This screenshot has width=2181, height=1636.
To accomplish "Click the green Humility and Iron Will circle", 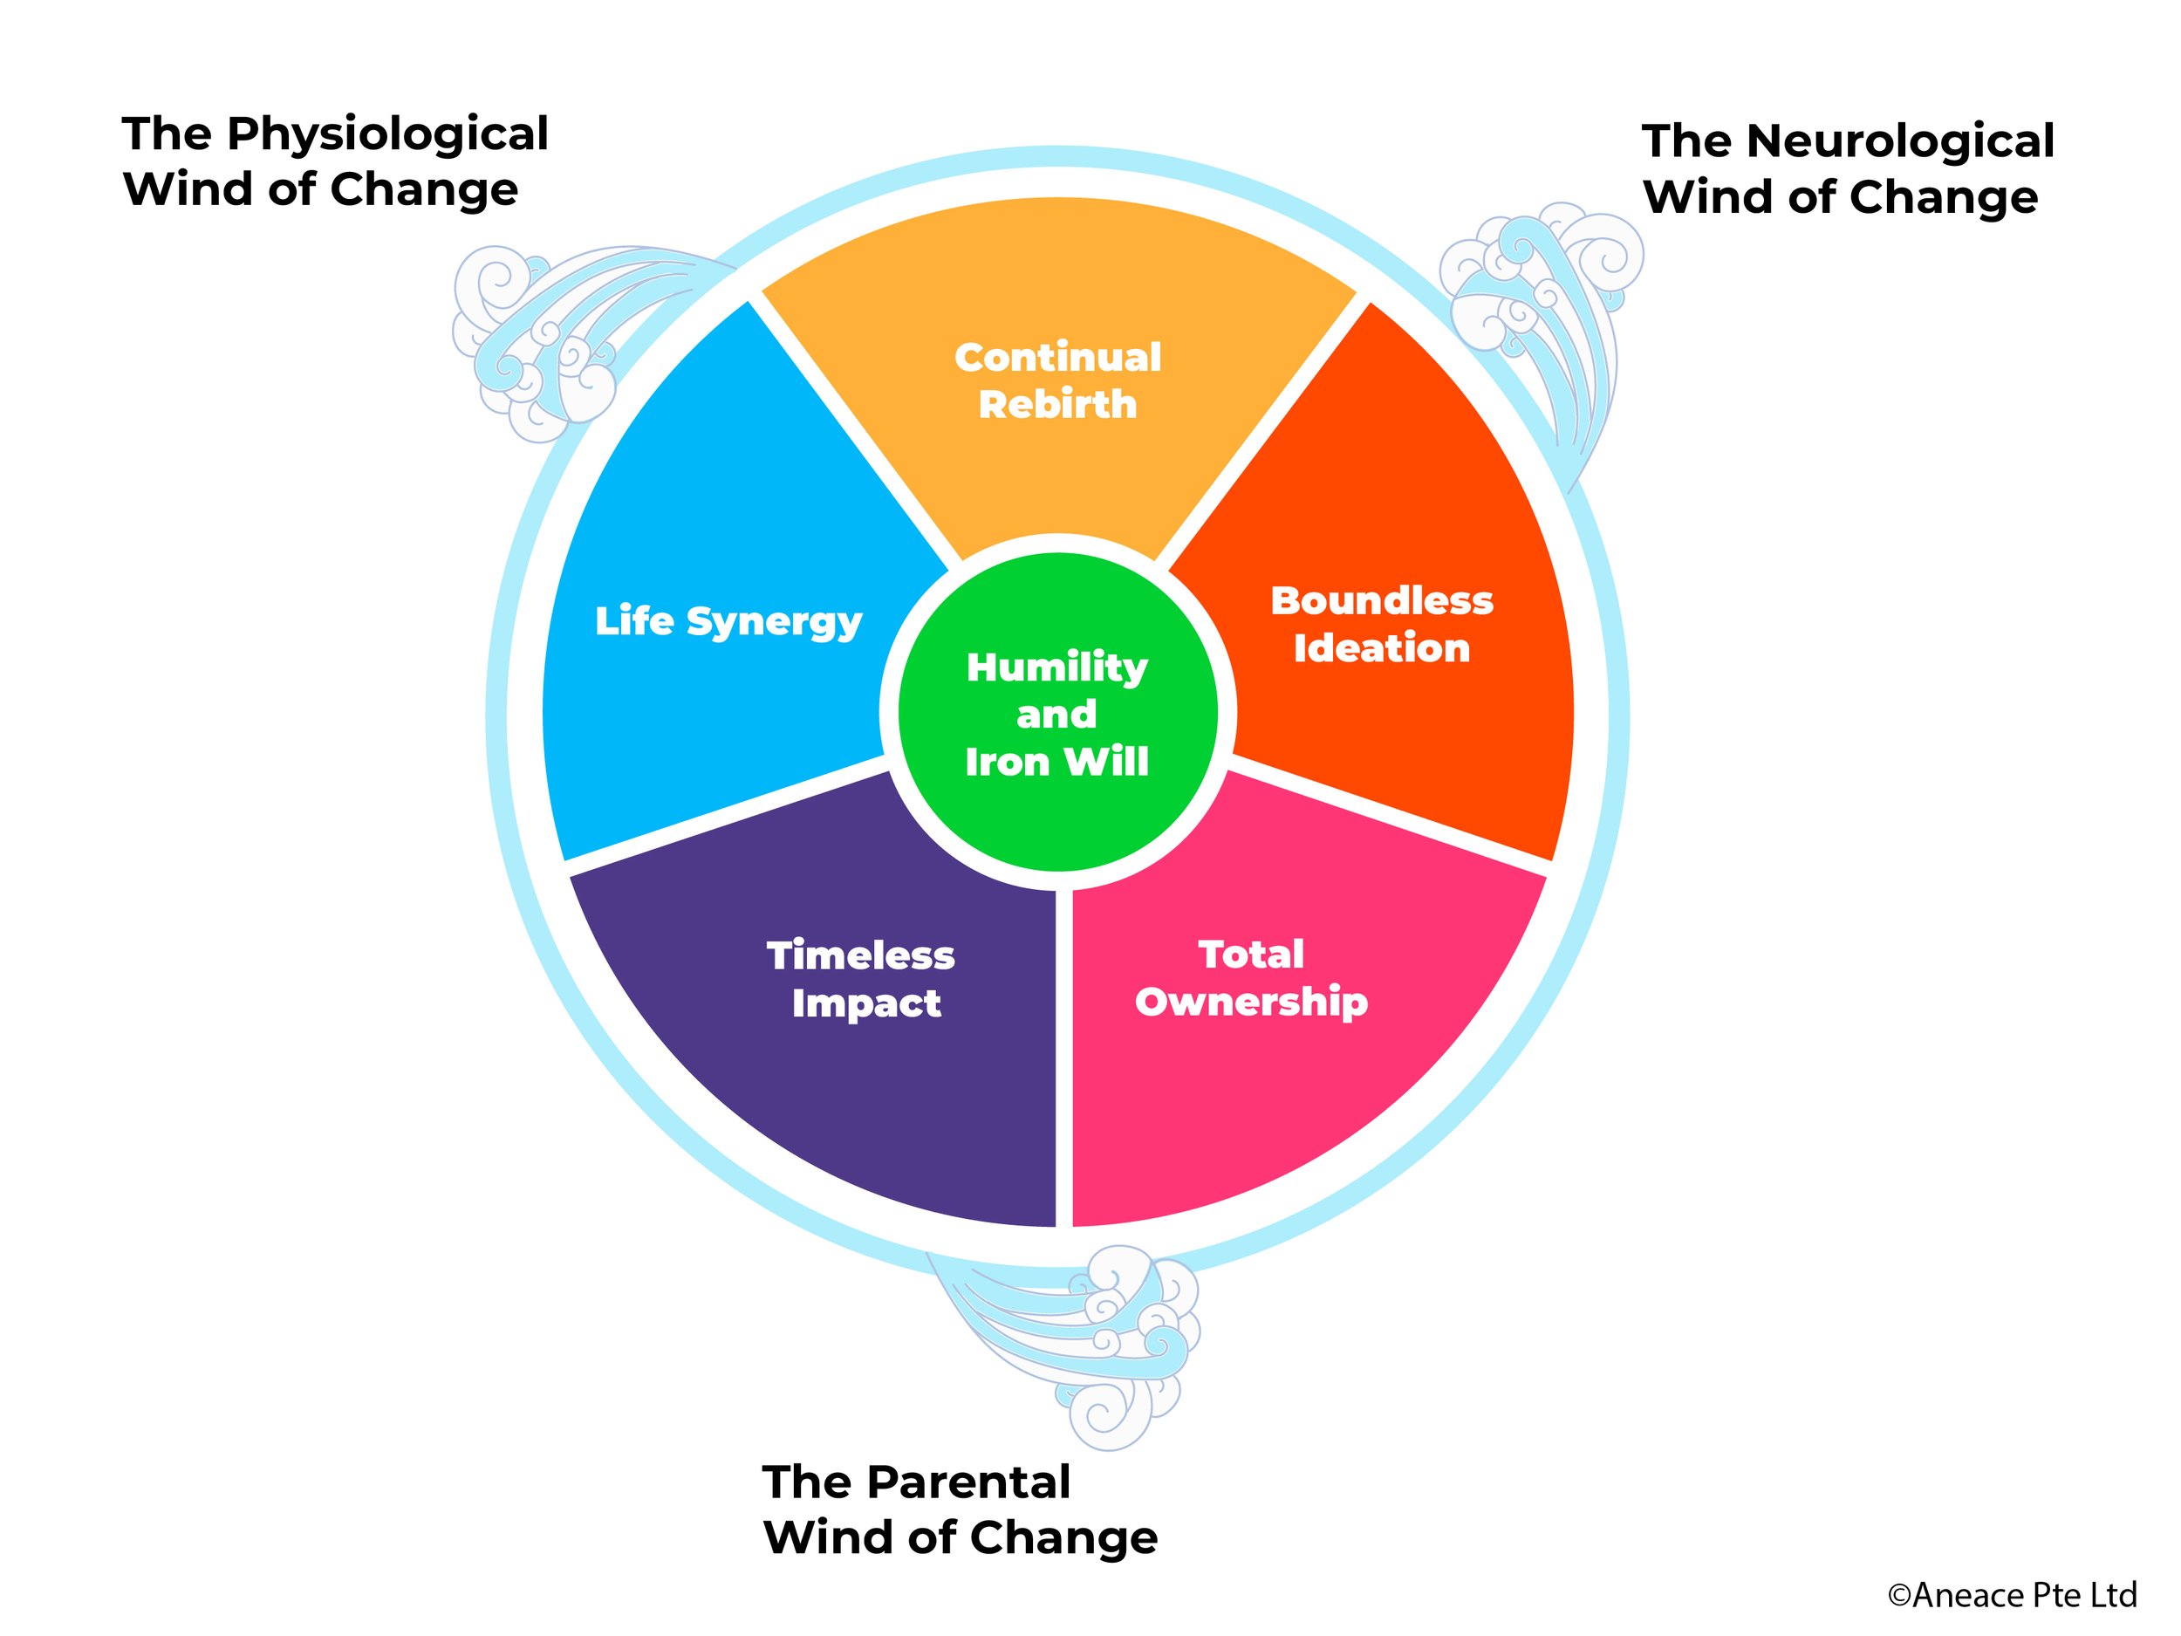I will point(1057,712).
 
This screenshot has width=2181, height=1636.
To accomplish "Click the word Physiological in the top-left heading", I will point(387,134).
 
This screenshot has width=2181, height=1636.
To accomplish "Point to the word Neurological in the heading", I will point(1900,141).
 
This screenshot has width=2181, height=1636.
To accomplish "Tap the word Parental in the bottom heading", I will point(968,1482).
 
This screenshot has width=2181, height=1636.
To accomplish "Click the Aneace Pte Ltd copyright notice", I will point(2012,1595).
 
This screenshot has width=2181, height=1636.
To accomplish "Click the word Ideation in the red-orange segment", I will point(1381,649).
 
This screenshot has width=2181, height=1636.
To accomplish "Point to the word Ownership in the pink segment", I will point(1251,1002).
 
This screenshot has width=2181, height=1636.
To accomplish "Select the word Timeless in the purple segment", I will point(861,955).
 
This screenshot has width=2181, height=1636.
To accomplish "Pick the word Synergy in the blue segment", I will point(774,622).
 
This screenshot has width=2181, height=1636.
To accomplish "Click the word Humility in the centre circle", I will point(1057,667).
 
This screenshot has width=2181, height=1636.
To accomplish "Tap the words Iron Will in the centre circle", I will point(1057,763).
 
